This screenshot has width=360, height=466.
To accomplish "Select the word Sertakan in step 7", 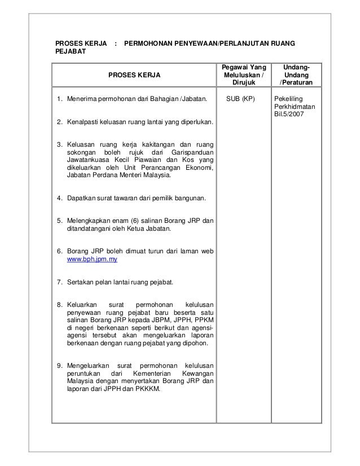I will point(82,282).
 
